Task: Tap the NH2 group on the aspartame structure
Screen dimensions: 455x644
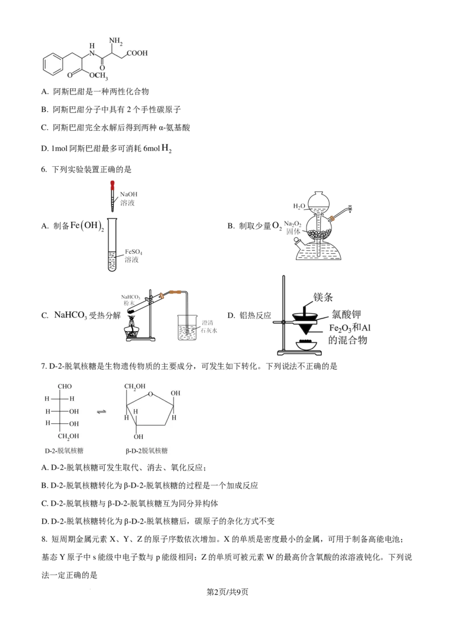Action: click(x=116, y=41)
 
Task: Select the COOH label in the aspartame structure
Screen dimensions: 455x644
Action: click(x=137, y=53)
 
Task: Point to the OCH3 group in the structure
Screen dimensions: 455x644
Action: click(x=98, y=76)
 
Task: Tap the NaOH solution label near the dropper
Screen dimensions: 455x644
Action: click(x=129, y=199)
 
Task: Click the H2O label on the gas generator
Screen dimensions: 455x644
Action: click(x=299, y=206)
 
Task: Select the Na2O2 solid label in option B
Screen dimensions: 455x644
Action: click(x=293, y=228)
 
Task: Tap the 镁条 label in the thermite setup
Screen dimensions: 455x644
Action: click(x=323, y=297)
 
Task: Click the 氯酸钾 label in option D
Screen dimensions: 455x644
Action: click(x=346, y=315)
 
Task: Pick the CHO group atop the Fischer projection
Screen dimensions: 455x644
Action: click(x=64, y=386)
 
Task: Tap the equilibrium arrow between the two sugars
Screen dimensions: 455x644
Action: click(x=101, y=411)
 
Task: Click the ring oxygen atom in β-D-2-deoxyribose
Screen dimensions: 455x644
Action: click(x=151, y=394)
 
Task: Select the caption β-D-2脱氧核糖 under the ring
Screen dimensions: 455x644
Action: click(x=147, y=451)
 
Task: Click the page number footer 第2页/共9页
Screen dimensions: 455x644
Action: click(x=227, y=592)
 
